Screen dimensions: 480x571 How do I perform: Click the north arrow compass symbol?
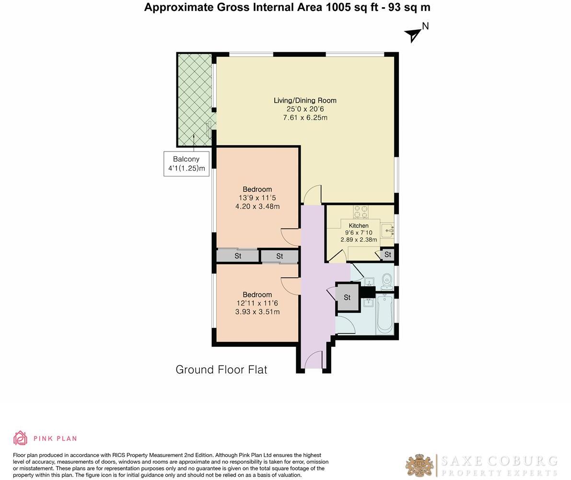[413, 34]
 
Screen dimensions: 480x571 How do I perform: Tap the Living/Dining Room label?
[305, 100]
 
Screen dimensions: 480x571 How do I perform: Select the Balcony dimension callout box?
[186, 164]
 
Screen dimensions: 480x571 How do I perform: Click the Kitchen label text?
[359, 225]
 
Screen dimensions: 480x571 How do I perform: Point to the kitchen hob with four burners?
[361, 211]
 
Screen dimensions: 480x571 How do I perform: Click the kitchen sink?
[388, 231]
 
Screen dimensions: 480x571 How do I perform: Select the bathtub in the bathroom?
[385, 315]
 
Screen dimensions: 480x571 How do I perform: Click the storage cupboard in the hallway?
[347, 297]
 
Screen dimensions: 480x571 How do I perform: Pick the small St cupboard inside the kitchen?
[387, 255]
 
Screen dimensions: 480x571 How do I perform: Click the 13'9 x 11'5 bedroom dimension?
[257, 198]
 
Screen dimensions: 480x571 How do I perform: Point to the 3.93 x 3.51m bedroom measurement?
[257, 312]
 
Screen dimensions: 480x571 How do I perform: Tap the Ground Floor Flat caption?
[221, 370]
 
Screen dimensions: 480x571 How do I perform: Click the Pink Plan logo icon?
[20, 438]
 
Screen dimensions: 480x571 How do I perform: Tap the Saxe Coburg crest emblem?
[420, 465]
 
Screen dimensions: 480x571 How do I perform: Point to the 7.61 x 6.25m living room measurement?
[305, 117]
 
